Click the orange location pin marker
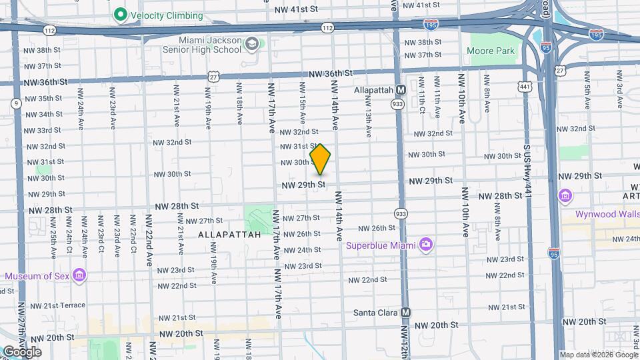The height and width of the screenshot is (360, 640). [321, 159]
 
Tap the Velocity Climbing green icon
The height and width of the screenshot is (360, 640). [121, 14]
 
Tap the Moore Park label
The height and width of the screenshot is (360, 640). [491, 51]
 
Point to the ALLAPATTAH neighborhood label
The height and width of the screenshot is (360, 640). [220, 235]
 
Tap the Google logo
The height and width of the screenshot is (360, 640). [21, 351]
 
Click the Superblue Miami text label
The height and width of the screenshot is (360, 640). [381, 245]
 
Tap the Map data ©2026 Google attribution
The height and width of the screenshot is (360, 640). [598, 355]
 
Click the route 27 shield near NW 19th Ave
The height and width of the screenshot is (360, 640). [213, 77]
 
